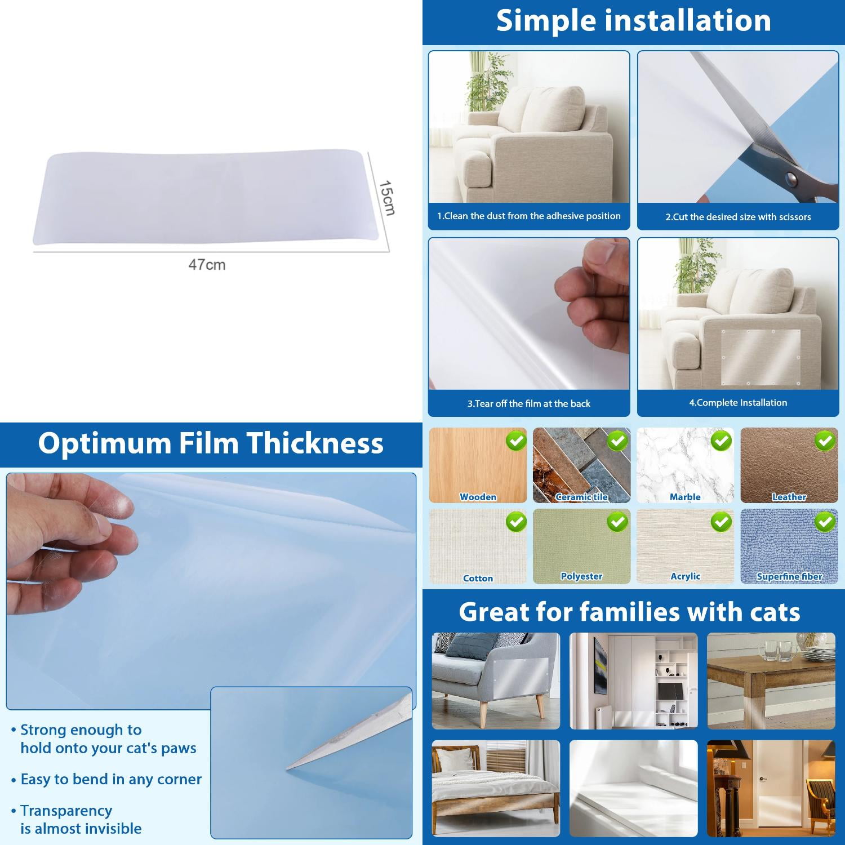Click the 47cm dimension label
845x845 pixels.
point(207,264)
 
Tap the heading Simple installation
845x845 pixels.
point(633,21)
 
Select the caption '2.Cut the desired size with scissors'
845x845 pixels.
point(738,217)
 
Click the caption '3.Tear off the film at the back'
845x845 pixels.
point(528,403)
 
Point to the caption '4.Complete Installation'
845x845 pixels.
point(738,403)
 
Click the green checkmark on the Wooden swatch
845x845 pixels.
point(516,441)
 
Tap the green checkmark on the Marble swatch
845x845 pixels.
point(721,441)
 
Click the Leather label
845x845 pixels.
point(789,497)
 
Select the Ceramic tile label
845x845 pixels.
point(581,497)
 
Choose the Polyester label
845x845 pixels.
point(581,576)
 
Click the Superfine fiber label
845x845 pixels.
point(789,576)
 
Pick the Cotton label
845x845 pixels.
point(478,579)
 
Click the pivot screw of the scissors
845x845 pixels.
point(791,179)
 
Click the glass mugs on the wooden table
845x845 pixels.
point(777,651)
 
